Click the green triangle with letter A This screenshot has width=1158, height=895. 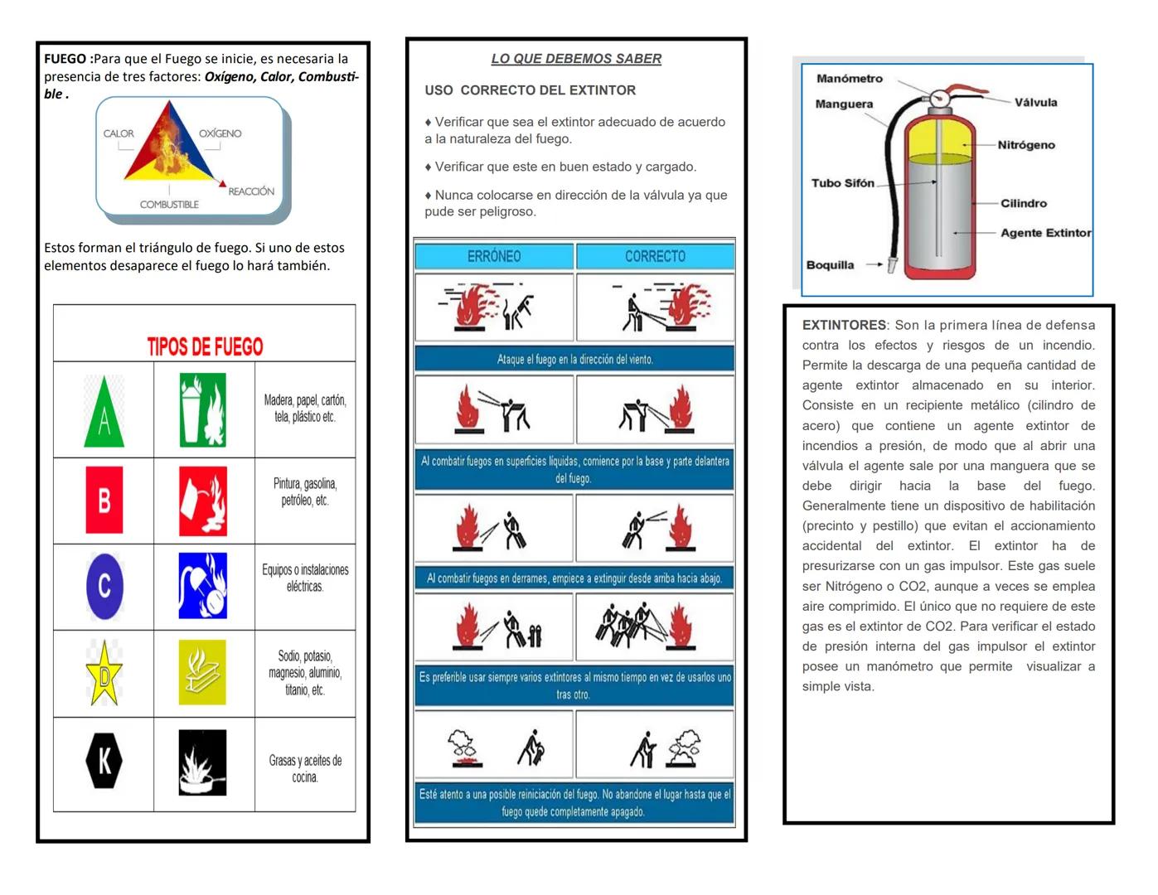[104, 413]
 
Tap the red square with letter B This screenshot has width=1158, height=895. [104, 500]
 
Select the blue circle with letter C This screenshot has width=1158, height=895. [104, 587]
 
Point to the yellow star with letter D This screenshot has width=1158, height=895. [104, 675]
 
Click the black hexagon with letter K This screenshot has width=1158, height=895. [104, 760]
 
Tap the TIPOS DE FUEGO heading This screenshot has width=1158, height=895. [205, 346]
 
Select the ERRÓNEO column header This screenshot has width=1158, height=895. [494, 256]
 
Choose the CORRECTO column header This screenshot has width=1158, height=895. [655, 256]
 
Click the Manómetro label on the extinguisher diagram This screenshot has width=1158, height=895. [850, 79]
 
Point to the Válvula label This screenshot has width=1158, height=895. [1035, 103]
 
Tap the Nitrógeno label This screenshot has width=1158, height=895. [1026, 145]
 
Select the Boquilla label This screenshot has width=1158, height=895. [830, 265]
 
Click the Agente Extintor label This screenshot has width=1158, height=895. [1045, 233]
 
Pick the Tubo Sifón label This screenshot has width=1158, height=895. [842, 183]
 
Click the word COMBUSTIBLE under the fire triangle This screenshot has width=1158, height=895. [169, 205]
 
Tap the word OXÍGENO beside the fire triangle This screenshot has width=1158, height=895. [220, 133]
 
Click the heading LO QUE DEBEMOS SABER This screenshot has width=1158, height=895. [576, 59]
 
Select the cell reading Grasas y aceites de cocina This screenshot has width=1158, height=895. [305, 768]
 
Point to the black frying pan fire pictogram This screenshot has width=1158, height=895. [202, 762]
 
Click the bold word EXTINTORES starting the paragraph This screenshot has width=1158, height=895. [844, 325]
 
